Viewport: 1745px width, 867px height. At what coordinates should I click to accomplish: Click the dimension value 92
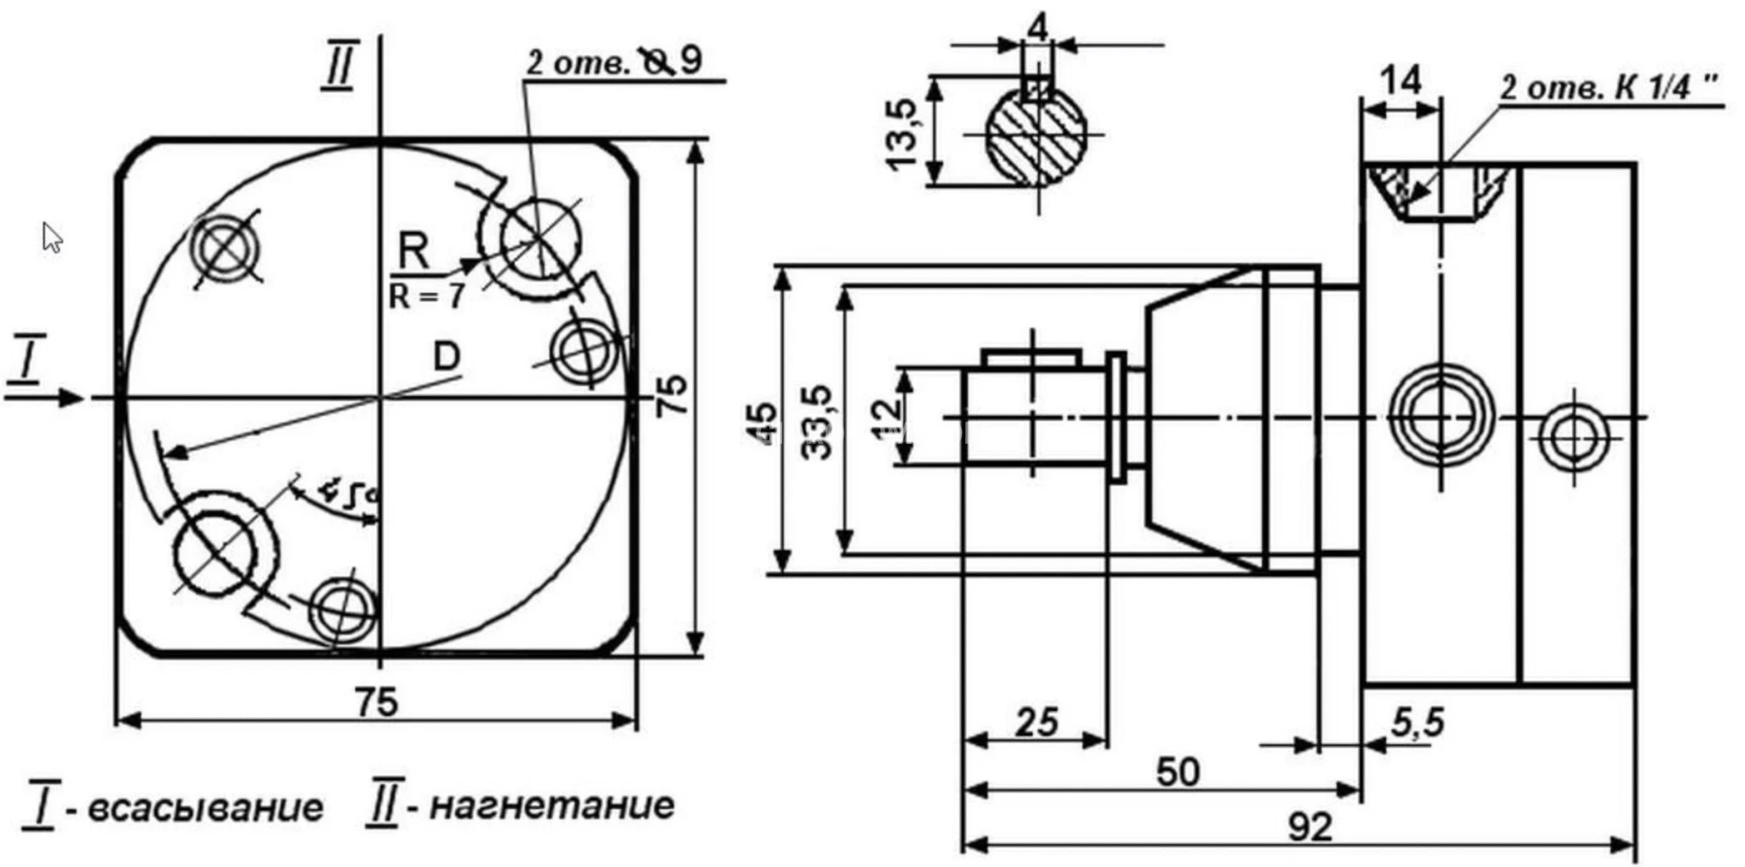1309,826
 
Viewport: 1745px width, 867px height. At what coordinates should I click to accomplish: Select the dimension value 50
1178,772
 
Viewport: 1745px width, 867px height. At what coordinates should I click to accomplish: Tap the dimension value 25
1037,723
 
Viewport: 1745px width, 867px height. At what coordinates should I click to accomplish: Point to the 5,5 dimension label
1418,723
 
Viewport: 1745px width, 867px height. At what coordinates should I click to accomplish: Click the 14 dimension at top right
1400,82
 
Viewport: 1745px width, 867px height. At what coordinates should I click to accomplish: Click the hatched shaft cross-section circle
1037,136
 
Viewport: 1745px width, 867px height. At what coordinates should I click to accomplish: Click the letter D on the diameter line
446,357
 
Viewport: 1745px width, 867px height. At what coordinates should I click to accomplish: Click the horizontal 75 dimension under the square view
377,703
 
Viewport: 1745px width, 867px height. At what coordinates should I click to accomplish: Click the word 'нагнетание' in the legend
551,805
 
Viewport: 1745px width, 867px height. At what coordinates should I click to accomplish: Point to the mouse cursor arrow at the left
52,238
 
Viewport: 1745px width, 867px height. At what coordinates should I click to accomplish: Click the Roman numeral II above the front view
338,68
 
